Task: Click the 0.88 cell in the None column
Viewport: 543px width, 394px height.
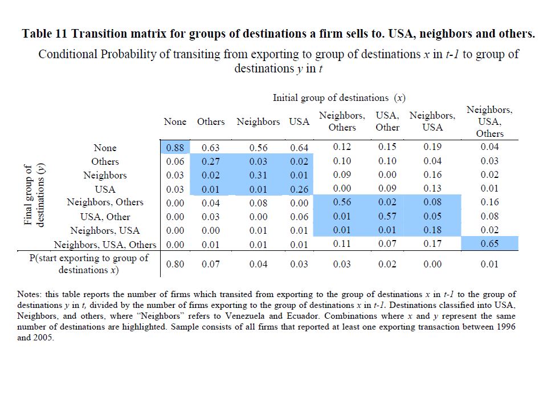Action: coord(174,148)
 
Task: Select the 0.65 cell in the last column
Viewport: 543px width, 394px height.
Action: coord(489,245)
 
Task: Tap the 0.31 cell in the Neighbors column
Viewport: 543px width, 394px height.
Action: coord(258,175)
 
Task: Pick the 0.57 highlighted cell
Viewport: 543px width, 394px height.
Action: coord(387,217)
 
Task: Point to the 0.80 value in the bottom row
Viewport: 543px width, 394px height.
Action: coord(174,264)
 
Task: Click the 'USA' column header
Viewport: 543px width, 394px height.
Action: coord(299,121)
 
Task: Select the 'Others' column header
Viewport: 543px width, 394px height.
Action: coord(211,121)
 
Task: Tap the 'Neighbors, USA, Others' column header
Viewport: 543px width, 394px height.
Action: coord(489,121)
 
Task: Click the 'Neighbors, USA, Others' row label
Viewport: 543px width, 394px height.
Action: coord(105,245)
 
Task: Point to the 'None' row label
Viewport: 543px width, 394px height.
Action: coord(105,148)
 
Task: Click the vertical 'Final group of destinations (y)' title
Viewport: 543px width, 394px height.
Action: coord(34,196)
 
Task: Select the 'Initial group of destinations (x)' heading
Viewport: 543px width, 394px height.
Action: coord(339,98)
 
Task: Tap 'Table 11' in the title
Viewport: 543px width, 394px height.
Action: coord(47,33)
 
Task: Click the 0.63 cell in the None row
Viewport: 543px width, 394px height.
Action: coord(211,148)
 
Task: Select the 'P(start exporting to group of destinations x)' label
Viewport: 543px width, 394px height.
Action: coord(89,263)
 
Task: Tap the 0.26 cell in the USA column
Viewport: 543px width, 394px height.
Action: coord(299,189)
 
